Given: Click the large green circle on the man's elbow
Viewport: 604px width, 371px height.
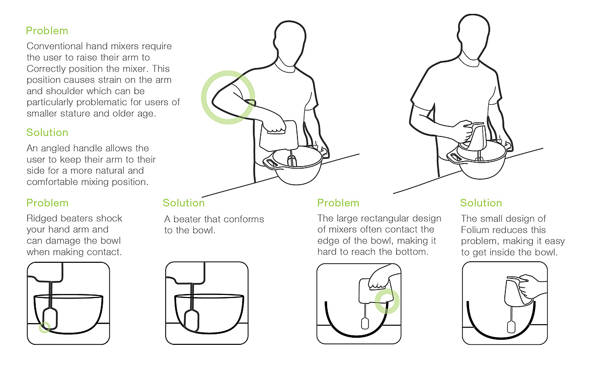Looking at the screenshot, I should point(228,97).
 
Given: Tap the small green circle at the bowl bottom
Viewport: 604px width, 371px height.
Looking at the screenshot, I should point(45,327).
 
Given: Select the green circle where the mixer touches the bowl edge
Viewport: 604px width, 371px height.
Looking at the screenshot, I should point(387,301).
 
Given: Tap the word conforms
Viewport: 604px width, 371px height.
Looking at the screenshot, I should point(244,219).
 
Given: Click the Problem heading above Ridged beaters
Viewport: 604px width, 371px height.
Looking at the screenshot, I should point(47,203).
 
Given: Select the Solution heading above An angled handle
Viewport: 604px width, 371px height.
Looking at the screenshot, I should point(47,132).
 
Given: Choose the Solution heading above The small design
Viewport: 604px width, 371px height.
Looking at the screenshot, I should point(481,203).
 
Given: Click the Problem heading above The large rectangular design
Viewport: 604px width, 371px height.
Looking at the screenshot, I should point(338,203).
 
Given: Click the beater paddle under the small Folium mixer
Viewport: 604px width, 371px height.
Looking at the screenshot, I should point(511,327).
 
